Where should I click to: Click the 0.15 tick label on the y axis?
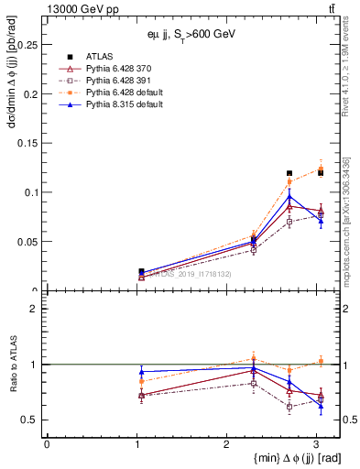(x=29, y=143)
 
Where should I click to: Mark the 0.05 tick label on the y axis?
(x=29, y=242)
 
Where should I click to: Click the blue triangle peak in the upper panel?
(x=289, y=196)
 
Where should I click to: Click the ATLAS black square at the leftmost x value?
(x=140, y=271)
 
